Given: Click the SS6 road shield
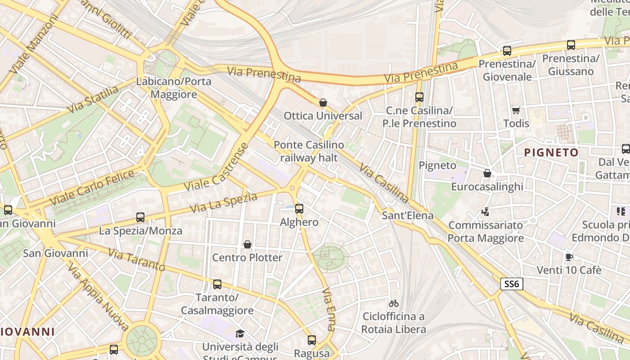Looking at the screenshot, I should (x=512, y=284).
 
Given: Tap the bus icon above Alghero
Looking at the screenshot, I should (x=299, y=208).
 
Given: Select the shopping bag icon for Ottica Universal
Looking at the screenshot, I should (x=323, y=103).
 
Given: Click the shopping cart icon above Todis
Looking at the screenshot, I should (x=516, y=110).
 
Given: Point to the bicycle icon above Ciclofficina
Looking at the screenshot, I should (x=394, y=303).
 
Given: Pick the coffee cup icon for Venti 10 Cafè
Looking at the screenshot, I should (x=569, y=257).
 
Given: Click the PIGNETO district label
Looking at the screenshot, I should (x=551, y=153).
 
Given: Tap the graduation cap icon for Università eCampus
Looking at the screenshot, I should (x=240, y=333).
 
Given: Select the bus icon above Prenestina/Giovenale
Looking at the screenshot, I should (x=507, y=51).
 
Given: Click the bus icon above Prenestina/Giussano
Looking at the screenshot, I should (x=571, y=45).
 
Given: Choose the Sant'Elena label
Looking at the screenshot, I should (x=408, y=216).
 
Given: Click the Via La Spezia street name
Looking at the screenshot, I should (x=223, y=203).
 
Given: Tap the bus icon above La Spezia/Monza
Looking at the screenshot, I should (x=140, y=217).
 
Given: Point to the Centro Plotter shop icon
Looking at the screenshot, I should (x=247, y=244).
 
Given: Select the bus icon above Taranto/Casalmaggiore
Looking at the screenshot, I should (x=217, y=284).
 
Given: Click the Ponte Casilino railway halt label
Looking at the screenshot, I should (x=309, y=151).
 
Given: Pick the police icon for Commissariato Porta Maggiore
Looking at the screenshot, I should (x=485, y=211).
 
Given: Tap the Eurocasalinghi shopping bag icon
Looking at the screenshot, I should (x=487, y=173).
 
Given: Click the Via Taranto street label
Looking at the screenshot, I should (x=137, y=261).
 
